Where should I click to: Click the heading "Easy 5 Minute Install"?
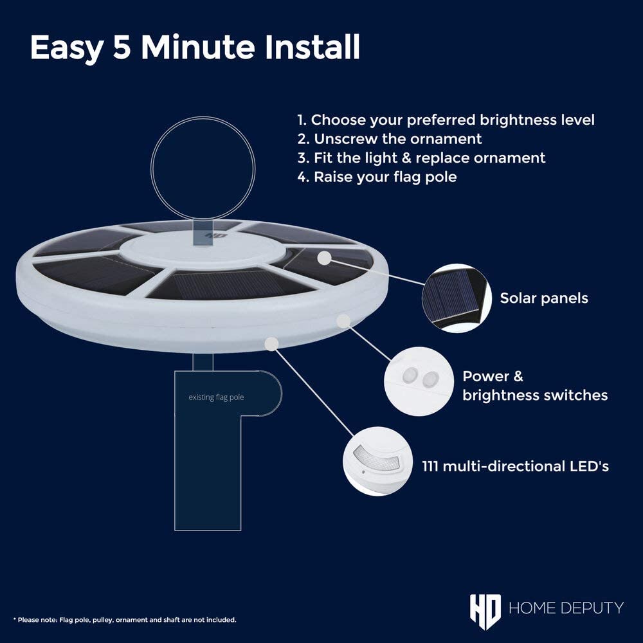195,48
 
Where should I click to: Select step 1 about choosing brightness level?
446,120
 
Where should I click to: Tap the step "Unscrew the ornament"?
390,139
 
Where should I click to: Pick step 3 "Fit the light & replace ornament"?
421,158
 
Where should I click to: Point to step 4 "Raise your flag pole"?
377,177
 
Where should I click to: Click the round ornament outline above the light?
151,168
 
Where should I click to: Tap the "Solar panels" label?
544,298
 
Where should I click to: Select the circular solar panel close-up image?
457,298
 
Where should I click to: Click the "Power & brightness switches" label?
535,385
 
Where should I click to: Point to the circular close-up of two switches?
419,381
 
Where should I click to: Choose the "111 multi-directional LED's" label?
516,466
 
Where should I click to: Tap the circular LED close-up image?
377,461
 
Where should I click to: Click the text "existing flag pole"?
216,397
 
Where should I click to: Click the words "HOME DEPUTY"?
566,608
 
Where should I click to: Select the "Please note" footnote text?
125,620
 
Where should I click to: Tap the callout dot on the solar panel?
324,258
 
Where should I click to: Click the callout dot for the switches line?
343,321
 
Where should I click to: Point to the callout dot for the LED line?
272,344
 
